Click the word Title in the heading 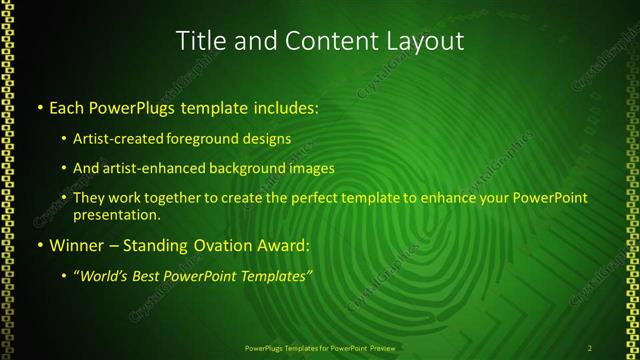point(200,41)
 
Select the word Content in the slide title point(328,41)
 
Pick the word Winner point(74,245)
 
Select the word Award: point(286,245)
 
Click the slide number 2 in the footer point(590,347)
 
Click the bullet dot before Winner point(39,245)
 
